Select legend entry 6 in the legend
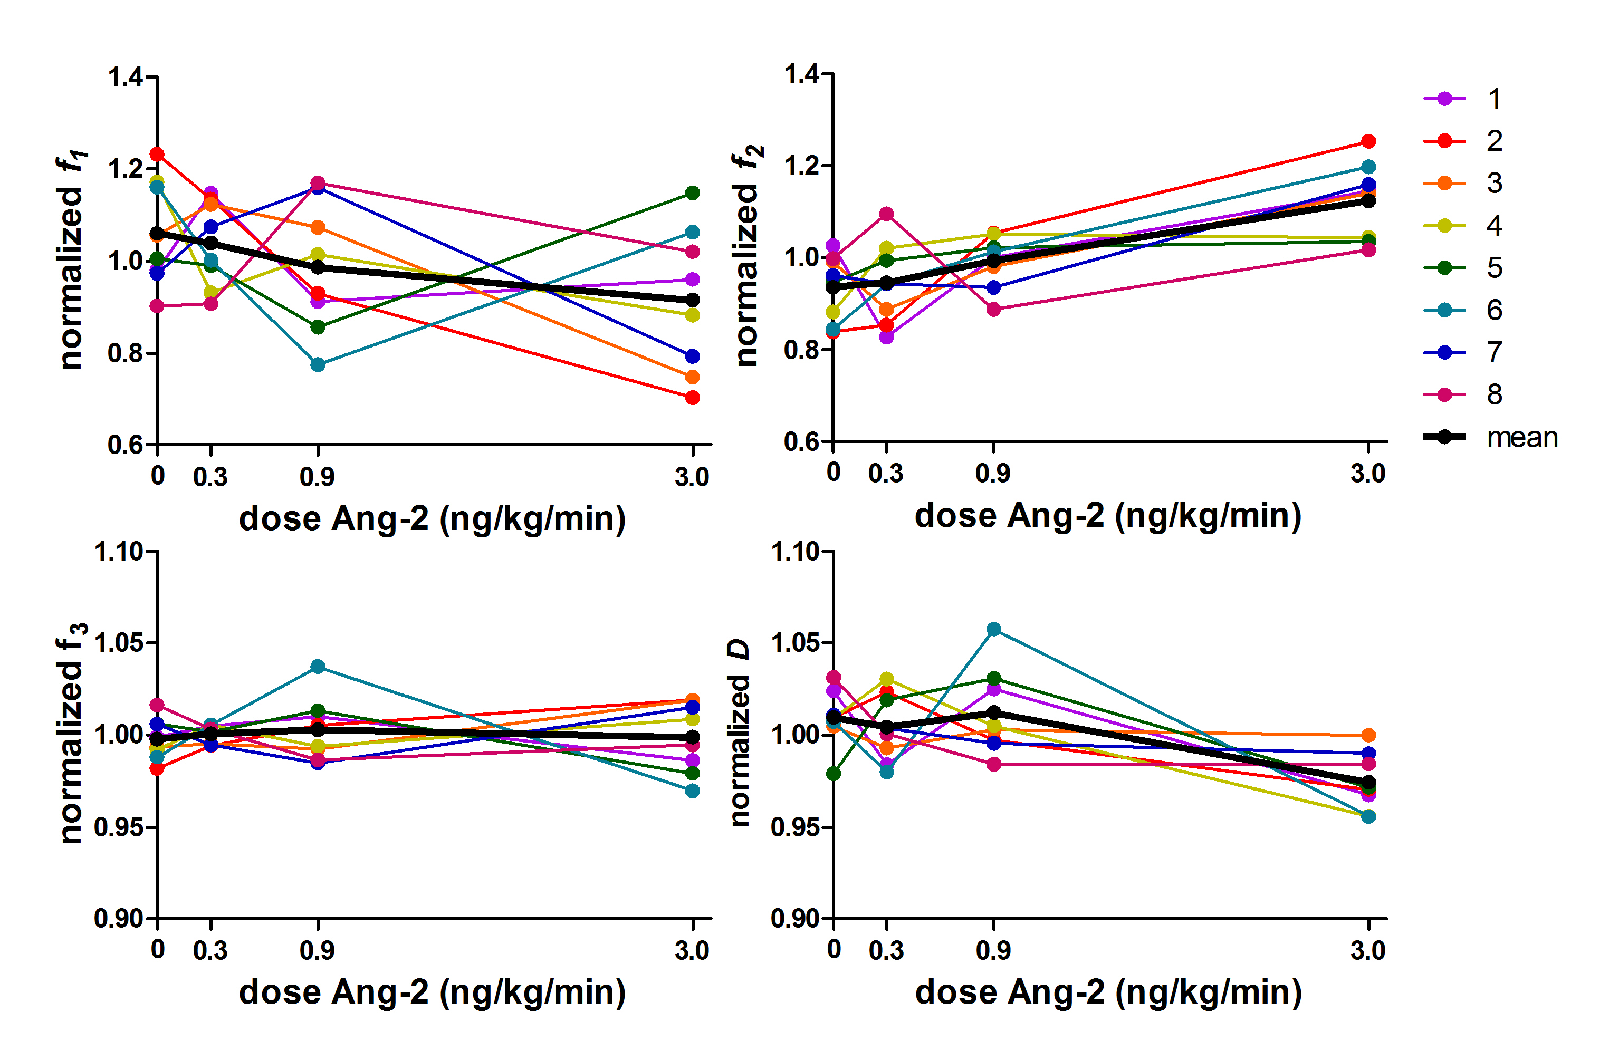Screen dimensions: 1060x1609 pyautogui.click(x=1494, y=310)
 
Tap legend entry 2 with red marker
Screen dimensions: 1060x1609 pyautogui.click(x=1494, y=141)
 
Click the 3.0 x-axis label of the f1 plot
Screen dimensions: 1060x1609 pyautogui.click(x=692, y=477)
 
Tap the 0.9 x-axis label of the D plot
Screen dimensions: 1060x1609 pyautogui.click(x=993, y=950)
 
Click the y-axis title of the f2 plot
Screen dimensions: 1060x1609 pyautogui.click(x=748, y=257)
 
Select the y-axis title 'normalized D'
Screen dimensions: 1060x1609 pyautogui.click(x=740, y=734)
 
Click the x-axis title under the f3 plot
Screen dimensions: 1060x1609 pyautogui.click(x=433, y=992)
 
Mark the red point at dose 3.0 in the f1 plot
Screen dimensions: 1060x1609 pyautogui.click(x=692, y=398)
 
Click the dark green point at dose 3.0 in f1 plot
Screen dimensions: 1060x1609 pyautogui.click(x=692, y=194)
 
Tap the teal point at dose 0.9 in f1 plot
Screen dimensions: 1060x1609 pyautogui.click(x=318, y=364)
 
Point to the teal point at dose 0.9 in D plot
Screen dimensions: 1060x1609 pyautogui.click(x=994, y=629)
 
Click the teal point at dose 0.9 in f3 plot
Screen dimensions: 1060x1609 pyautogui.click(x=318, y=667)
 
